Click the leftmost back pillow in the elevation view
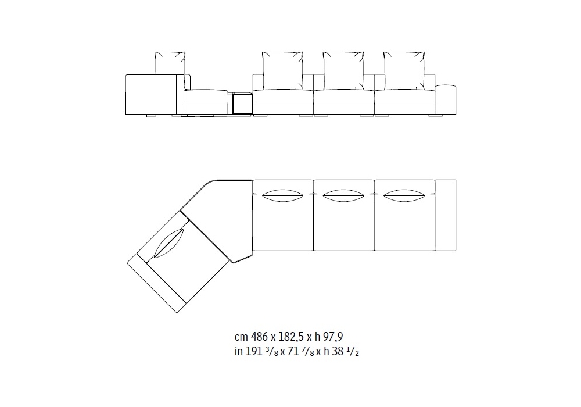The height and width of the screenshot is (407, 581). pyautogui.click(x=170, y=63)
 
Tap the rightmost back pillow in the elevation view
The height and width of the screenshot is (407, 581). pyautogui.click(x=404, y=71)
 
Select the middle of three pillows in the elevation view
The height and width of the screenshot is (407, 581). pyautogui.click(x=343, y=71)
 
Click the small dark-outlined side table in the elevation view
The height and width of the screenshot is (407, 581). pyautogui.click(x=243, y=103)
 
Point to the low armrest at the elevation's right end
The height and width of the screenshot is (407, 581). pyautogui.click(x=446, y=99)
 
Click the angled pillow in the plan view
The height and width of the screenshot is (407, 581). pyautogui.click(x=168, y=243)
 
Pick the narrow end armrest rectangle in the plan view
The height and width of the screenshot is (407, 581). pyautogui.click(x=446, y=215)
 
